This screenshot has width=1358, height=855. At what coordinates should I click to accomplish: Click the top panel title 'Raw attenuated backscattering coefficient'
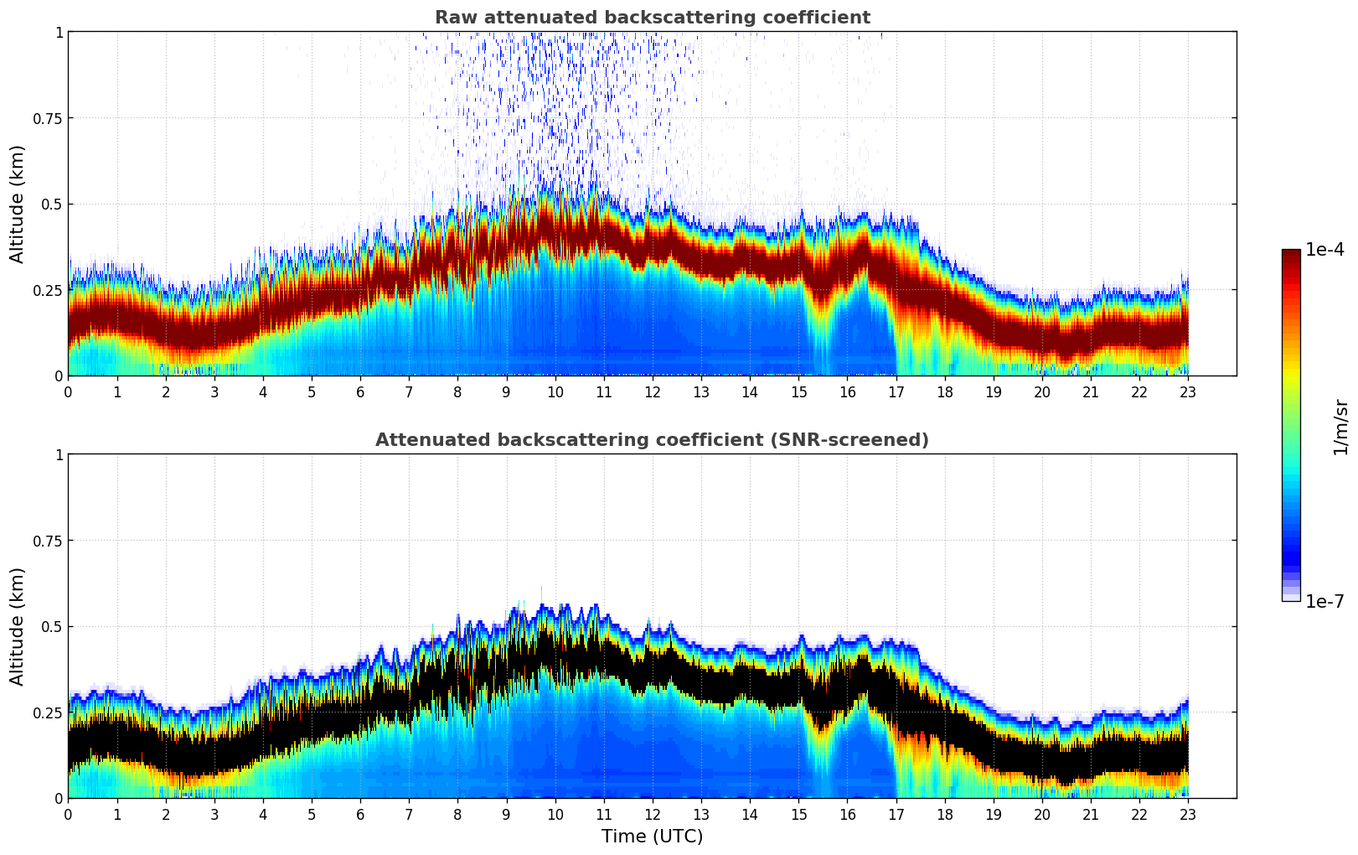(652, 18)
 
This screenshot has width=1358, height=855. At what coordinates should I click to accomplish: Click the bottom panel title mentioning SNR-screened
(652, 440)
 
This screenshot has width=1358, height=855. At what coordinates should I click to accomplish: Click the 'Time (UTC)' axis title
(652, 837)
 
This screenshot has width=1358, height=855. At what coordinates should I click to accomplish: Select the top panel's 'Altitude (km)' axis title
(18, 204)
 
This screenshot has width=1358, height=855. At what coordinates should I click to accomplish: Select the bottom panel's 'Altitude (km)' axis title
(18, 626)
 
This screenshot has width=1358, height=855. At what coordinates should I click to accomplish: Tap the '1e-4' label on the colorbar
(1324, 250)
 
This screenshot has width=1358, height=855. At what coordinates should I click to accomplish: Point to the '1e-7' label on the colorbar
(1324, 601)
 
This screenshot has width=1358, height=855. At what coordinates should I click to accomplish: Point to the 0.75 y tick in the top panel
(48, 118)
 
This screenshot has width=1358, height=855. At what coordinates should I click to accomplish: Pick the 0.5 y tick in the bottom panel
(52, 627)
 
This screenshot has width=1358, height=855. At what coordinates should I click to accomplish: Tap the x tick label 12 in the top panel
(653, 391)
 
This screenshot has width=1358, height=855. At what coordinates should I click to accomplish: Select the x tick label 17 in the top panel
(896, 391)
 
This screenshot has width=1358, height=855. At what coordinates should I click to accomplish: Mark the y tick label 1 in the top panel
(59, 32)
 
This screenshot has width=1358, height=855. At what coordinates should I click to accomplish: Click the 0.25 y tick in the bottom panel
(48, 712)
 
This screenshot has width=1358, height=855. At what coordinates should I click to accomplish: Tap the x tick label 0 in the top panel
(69, 391)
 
